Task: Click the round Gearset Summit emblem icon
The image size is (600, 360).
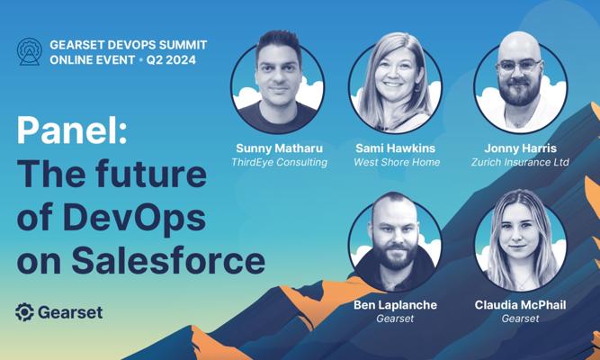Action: pyautogui.click(x=30, y=51)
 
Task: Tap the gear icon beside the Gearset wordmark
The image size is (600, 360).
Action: pyautogui.click(x=25, y=312)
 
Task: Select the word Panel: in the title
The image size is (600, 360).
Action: pyautogui.click(x=72, y=130)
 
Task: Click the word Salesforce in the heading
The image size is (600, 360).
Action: pyautogui.click(x=168, y=262)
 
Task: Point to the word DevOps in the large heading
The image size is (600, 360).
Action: pyautogui.click(x=135, y=218)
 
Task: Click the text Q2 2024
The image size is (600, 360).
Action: pyautogui.click(x=171, y=60)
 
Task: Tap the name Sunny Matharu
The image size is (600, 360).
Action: pyautogui.click(x=280, y=148)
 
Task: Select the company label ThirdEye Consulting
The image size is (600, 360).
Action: pyautogui.click(x=280, y=162)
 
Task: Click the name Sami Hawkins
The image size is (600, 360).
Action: pyautogui.click(x=396, y=148)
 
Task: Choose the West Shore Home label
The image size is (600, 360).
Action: pyautogui.click(x=397, y=162)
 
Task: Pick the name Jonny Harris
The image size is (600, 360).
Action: pyautogui.click(x=521, y=148)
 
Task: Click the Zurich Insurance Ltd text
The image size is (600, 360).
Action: pyautogui.click(x=521, y=162)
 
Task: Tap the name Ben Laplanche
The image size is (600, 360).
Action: pyautogui.click(x=395, y=305)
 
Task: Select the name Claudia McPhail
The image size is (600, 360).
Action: pyautogui.click(x=521, y=305)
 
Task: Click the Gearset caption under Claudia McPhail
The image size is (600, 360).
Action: pyautogui.click(x=521, y=319)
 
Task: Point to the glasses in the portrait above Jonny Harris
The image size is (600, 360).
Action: pyautogui.click(x=519, y=66)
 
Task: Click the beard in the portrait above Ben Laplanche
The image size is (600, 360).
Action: pyautogui.click(x=395, y=256)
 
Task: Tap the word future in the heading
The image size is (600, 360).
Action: pyautogui.click(x=151, y=174)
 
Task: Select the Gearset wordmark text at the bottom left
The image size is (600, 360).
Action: pyautogui.click(x=70, y=312)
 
